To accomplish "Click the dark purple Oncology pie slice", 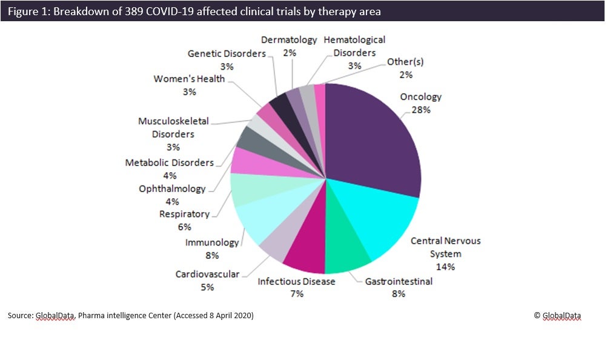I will point(376,139).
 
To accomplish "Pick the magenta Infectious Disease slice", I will point(306,255).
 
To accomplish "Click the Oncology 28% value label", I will point(421,110).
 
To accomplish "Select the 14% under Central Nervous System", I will point(445,266).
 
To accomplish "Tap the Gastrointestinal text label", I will point(399,282).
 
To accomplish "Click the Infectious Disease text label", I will point(296,282).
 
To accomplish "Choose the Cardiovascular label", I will point(207,275).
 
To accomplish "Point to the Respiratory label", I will point(184,214).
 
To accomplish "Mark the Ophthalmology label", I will point(172,189).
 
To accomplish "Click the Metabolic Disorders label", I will point(169,163).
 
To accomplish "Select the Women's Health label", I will point(189,79).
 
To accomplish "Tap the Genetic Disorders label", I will point(227,53).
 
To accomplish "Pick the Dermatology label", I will point(289,40).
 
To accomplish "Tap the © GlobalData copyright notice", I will point(557,315).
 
